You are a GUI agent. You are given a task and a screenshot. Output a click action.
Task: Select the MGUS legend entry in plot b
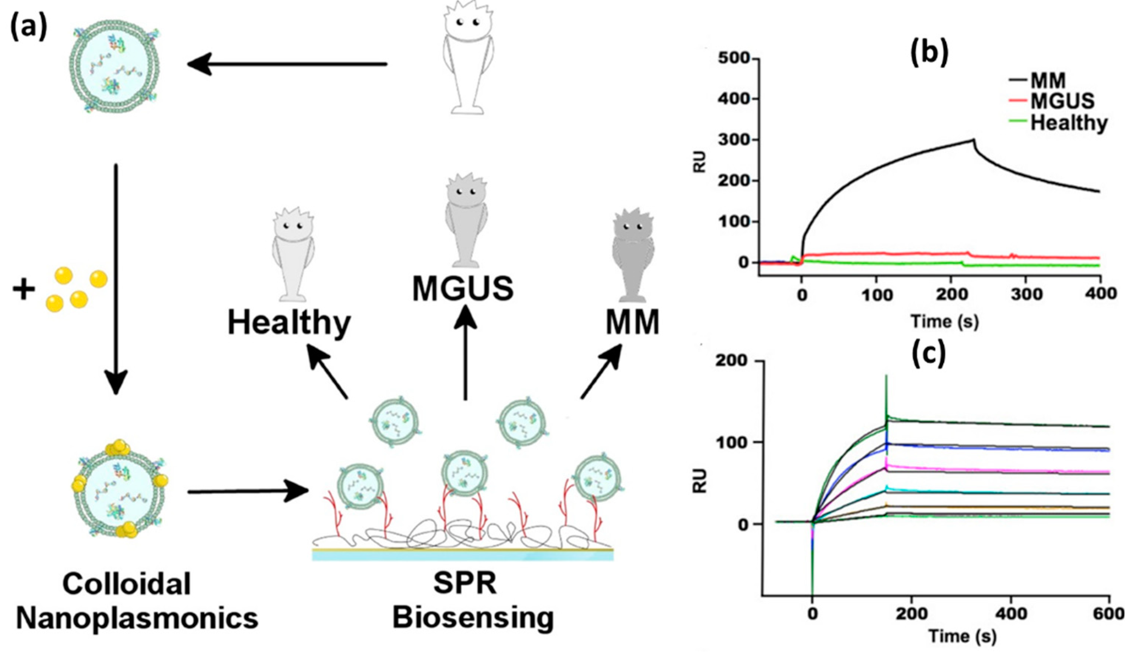coord(1061,101)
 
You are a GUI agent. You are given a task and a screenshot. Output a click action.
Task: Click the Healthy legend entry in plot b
coord(1069,122)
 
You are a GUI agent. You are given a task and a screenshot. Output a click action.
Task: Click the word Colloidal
coord(127,584)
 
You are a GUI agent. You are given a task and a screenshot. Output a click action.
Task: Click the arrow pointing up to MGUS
coord(465,350)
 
